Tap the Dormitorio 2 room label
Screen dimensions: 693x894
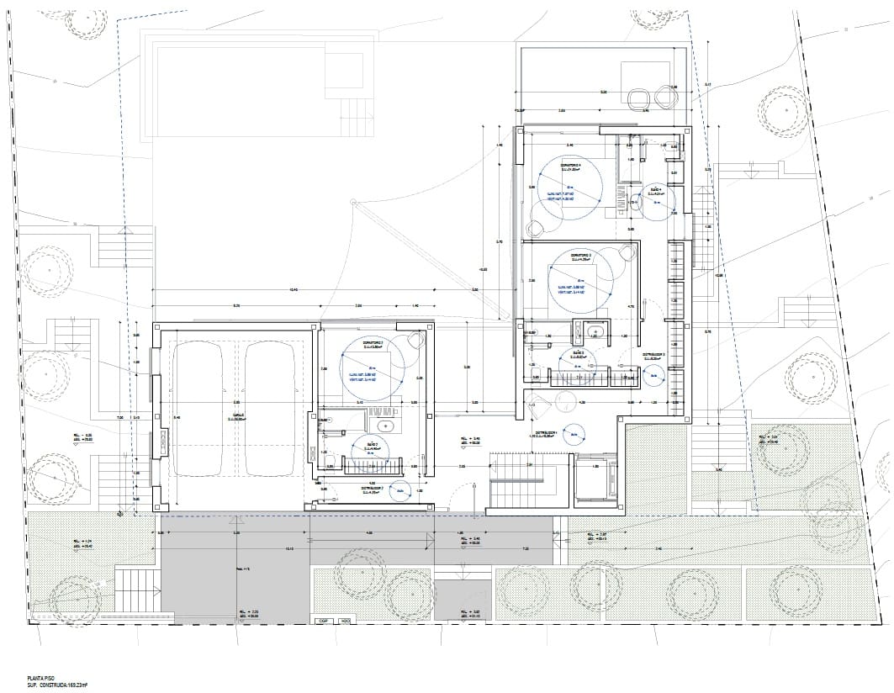pos(373,344)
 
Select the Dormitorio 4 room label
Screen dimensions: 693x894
pos(571,164)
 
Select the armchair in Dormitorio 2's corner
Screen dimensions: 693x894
pos(415,340)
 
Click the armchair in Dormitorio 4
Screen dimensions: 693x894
pos(536,228)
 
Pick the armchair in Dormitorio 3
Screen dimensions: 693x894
pos(626,255)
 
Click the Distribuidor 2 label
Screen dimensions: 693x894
pos(373,488)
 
